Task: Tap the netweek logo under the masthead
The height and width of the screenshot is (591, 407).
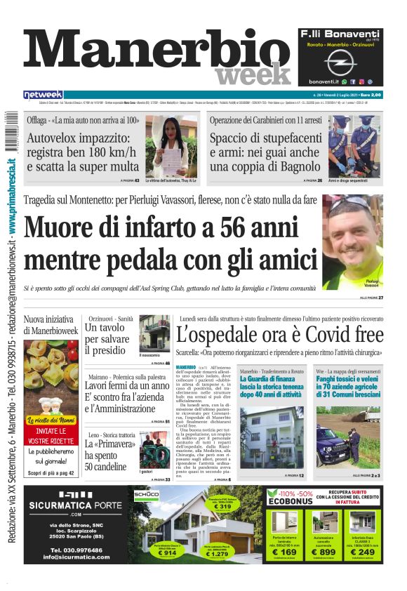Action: (43, 95)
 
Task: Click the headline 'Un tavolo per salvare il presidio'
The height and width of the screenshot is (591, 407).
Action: (109, 338)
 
